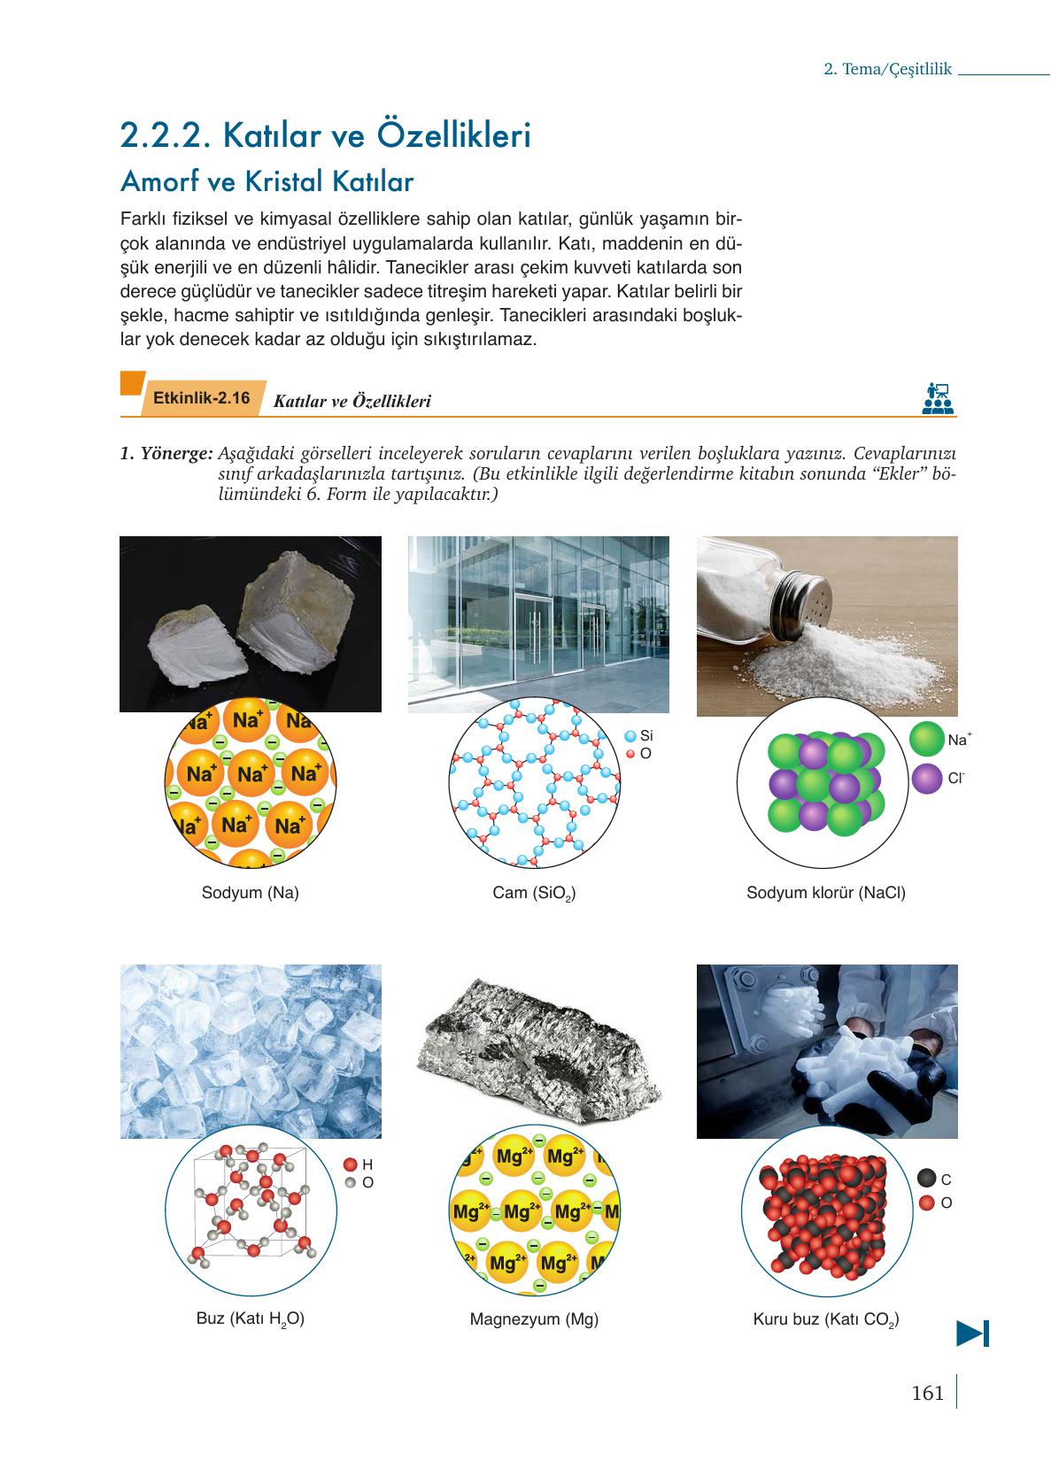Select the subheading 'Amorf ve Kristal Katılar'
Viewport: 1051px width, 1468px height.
click(267, 182)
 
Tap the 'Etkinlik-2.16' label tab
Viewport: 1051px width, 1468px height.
click(202, 398)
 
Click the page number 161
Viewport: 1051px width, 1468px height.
click(927, 1393)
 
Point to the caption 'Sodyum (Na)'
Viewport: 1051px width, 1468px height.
click(251, 893)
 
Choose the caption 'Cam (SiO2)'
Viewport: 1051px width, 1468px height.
click(534, 894)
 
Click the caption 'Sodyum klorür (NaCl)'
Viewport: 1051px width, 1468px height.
click(825, 893)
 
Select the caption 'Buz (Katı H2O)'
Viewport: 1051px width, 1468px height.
click(251, 1318)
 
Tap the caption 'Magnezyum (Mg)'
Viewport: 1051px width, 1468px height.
click(534, 1319)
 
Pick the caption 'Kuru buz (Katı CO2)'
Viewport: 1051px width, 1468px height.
click(825, 1319)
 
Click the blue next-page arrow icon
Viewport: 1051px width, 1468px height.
click(972, 1333)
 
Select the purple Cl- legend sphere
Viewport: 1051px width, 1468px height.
click(926, 780)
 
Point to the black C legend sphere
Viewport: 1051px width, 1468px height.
click(926, 1179)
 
